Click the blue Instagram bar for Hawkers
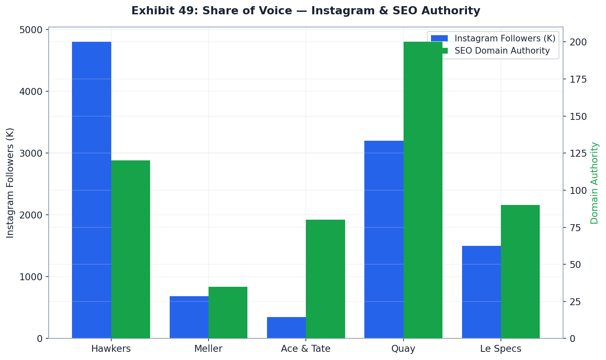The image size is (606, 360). [x=92, y=190]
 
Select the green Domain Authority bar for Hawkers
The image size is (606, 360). [x=130, y=249]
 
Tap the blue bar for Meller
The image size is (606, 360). [x=189, y=317]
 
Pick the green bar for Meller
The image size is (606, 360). [x=228, y=313]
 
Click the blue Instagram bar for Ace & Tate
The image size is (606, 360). [x=286, y=328]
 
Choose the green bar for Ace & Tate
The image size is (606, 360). [x=325, y=279]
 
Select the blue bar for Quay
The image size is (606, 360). [x=384, y=239]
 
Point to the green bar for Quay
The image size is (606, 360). [x=423, y=190]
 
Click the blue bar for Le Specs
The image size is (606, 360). [x=481, y=292]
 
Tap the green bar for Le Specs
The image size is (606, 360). [x=520, y=272]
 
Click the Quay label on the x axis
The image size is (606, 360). [x=403, y=349]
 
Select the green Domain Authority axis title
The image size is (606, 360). [x=595, y=183]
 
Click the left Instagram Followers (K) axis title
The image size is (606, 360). [x=10, y=183]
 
